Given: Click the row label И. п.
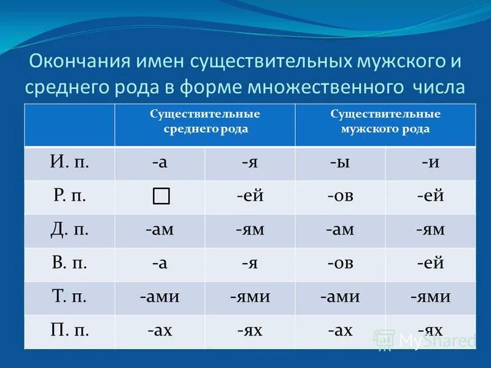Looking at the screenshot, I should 69,163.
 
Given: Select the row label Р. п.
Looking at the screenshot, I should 69,197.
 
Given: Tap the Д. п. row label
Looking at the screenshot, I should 69,231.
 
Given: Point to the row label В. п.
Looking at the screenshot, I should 69,264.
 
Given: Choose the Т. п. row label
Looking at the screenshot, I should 69,297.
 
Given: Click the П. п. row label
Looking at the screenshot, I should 69,331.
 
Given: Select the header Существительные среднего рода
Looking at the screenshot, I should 206,121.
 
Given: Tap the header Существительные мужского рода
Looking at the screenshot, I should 385,121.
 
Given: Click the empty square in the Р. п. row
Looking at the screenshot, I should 160,196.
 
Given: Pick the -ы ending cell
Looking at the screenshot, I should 339,163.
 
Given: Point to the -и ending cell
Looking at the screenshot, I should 430,163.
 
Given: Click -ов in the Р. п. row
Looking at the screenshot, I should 339,197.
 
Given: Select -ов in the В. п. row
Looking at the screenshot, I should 339,264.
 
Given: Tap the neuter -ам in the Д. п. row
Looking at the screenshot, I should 160,231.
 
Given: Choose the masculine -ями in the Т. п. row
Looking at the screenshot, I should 430,297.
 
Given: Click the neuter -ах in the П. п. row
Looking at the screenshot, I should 160,331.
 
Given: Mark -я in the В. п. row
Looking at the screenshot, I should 250,264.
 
